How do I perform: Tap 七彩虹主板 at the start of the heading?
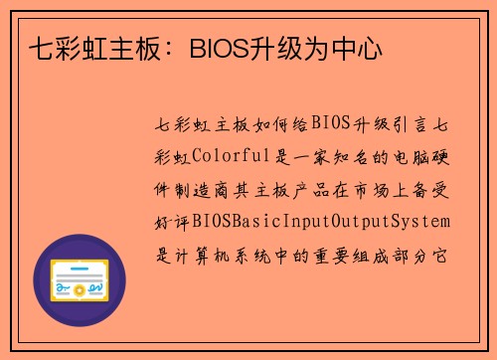click(78, 47)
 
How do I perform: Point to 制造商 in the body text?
click(208, 187)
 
